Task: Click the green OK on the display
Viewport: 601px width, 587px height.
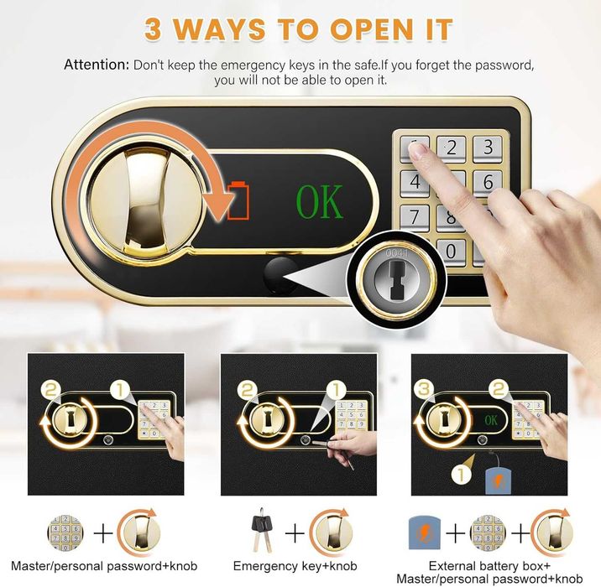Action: pyautogui.click(x=319, y=202)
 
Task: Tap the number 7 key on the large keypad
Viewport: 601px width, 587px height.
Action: pyautogui.click(x=415, y=216)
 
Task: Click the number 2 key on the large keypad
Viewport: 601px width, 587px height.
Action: pyautogui.click(x=451, y=148)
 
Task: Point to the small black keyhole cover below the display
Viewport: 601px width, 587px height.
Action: pyautogui.click(x=280, y=276)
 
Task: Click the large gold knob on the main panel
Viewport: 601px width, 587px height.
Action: pyautogui.click(x=144, y=201)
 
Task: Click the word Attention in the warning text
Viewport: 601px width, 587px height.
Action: pyautogui.click(x=97, y=65)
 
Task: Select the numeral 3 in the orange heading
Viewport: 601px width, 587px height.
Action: pyautogui.click(x=153, y=29)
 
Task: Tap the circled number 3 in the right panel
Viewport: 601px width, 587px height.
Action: pyautogui.click(x=424, y=390)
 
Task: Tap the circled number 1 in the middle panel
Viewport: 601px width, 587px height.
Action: pyautogui.click(x=336, y=391)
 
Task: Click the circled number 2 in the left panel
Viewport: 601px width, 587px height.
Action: pyautogui.click(x=52, y=390)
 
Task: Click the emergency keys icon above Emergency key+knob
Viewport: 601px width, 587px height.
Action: pyautogui.click(x=262, y=528)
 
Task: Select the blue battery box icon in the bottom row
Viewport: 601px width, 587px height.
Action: pyautogui.click(x=424, y=533)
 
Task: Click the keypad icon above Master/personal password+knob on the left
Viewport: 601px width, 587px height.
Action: pyautogui.click(x=65, y=532)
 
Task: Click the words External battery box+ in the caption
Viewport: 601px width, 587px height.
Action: pyautogui.click(x=489, y=565)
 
